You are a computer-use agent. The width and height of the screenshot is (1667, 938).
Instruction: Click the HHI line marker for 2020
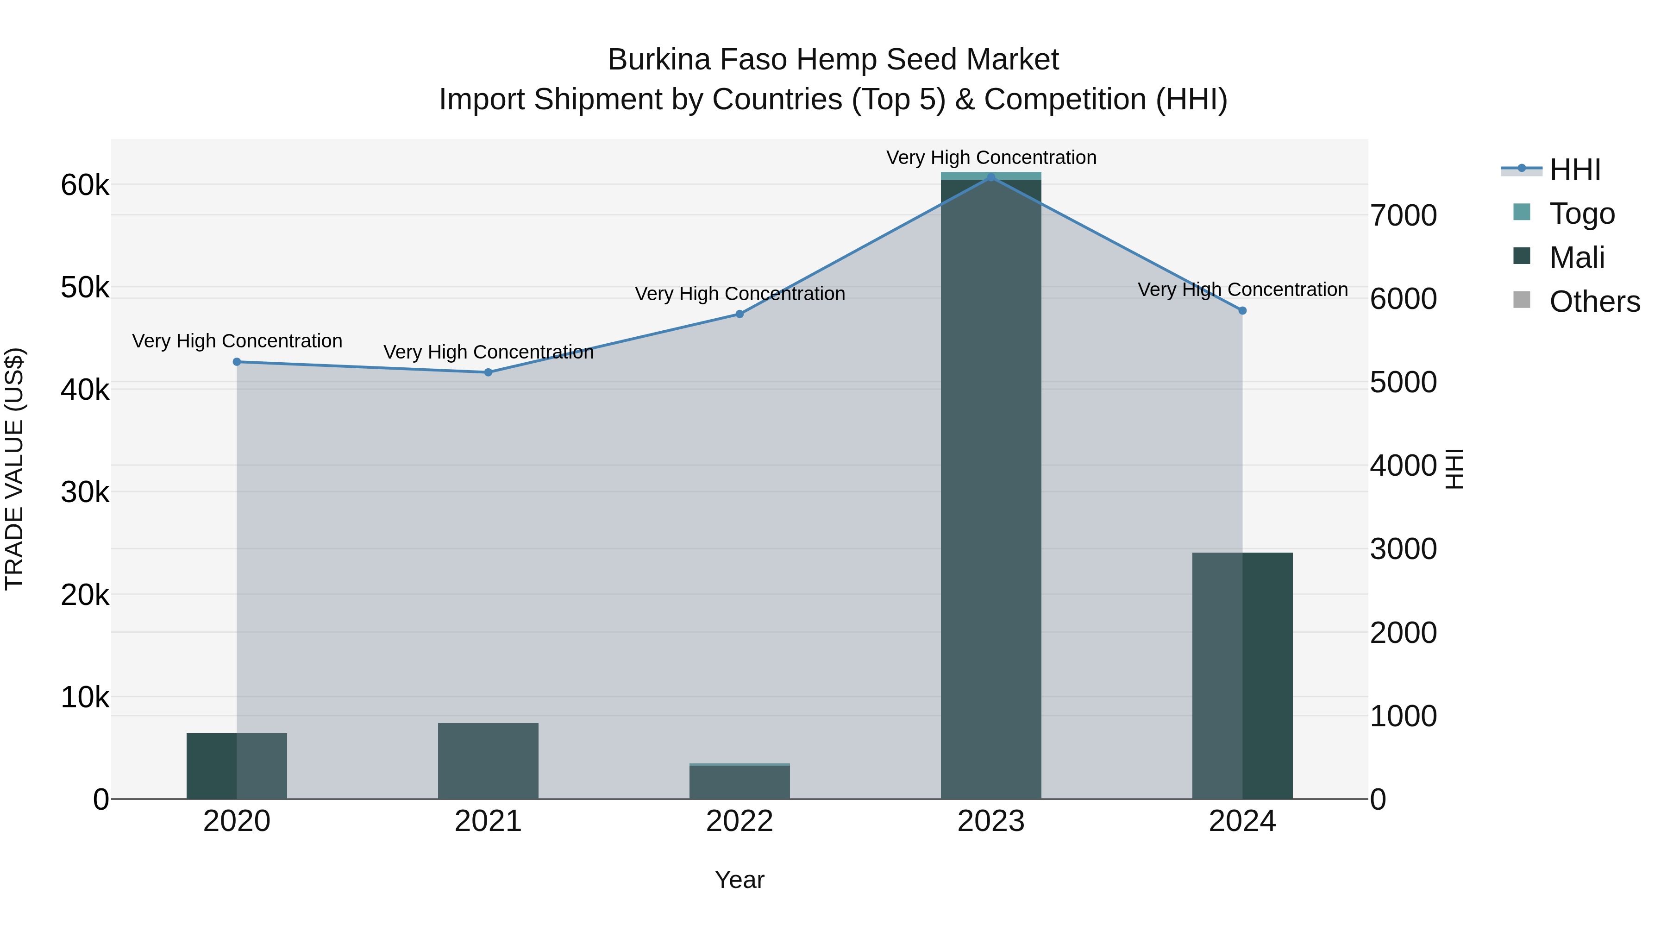(237, 362)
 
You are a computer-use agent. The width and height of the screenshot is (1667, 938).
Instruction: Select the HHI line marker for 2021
(489, 372)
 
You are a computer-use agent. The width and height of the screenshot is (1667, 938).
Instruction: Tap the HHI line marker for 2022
(739, 314)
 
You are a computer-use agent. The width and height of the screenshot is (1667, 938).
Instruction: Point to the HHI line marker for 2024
(1242, 311)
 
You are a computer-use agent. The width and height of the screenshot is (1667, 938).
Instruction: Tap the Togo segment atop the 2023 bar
(991, 176)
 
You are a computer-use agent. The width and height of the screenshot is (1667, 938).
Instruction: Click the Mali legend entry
(1576, 258)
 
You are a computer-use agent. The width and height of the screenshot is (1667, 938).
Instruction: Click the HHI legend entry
(1574, 170)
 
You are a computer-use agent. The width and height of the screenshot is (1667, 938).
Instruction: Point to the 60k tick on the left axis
(85, 185)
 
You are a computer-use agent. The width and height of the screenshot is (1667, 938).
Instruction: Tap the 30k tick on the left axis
(85, 493)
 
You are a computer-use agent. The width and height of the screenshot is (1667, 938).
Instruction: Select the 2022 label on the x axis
(739, 821)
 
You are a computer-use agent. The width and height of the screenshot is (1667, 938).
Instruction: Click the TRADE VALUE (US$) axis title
(15, 469)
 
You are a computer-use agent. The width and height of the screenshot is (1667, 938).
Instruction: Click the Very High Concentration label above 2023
(991, 157)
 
